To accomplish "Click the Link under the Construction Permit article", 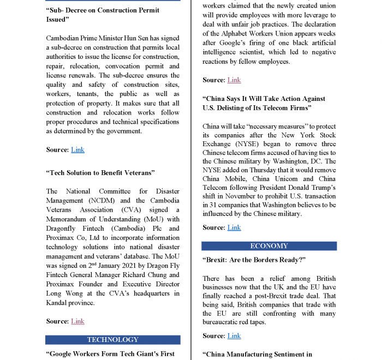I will [77, 149].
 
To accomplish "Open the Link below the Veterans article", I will [77, 321].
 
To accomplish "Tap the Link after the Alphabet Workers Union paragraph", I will [234, 80].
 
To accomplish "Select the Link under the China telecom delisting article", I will [234, 227].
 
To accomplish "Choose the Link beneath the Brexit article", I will [234, 336].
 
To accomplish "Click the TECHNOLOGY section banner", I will [112, 340].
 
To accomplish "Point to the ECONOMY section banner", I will [269, 246].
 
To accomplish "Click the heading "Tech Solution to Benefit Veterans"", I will [100, 173].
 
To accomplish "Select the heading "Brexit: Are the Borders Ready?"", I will [254, 260].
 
